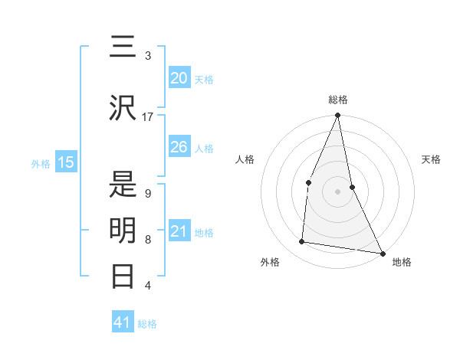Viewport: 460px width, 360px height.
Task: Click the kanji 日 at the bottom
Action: (x=123, y=275)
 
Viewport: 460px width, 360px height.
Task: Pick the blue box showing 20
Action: (x=179, y=78)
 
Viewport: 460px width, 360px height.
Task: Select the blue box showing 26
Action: (x=179, y=147)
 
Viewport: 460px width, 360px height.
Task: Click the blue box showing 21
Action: (x=179, y=231)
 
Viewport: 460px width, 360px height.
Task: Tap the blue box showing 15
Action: (x=66, y=162)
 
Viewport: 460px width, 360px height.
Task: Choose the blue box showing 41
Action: (x=123, y=322)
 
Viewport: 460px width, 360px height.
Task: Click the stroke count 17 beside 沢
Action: (x=148, y=117)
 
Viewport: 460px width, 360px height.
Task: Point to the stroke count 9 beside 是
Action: (x=148, y=194)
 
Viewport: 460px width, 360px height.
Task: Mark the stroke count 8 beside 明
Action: (x=148, y=240)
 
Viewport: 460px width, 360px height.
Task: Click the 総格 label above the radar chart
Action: (x=338, y=100)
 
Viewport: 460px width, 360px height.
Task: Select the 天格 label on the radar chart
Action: (x=431, y=159)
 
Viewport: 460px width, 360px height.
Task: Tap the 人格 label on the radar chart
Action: (x=245, y=159)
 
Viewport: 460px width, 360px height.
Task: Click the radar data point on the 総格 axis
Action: (x=338, y=116)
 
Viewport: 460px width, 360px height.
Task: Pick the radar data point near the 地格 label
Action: (x=382, y=253)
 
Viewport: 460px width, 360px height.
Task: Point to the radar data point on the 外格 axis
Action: (x=302, y=242)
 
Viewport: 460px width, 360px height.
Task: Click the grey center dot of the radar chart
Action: (x=338, y=191)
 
